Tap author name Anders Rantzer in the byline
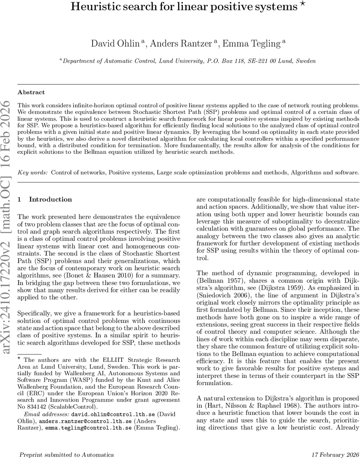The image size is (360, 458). point(180,44)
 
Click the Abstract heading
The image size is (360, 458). point(31,92)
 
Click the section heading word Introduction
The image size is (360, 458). point(50,199)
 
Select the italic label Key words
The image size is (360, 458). point(33,173)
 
